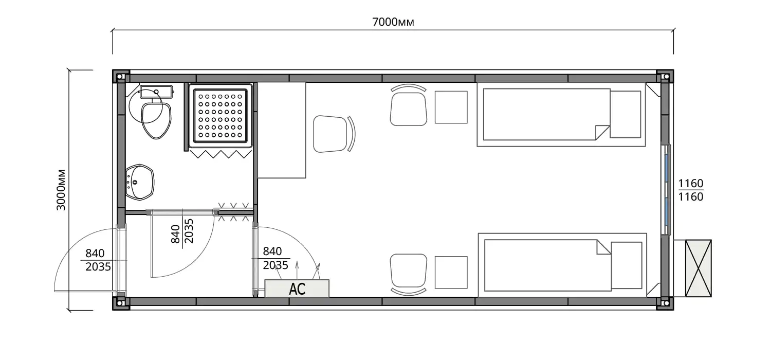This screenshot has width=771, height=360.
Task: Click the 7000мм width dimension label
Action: [393, 22]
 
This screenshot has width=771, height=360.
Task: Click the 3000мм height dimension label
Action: [61, 190]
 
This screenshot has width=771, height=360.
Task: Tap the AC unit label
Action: [297, 289]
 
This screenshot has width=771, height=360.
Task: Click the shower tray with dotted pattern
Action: [221, 115]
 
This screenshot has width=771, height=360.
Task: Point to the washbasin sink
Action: [139, 182]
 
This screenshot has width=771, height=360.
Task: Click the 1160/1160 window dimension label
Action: [690, 190]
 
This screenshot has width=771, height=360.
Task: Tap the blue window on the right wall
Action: [666, 189]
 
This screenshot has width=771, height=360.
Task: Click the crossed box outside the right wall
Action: [699, 268]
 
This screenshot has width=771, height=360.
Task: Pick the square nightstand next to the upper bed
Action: [451, 107]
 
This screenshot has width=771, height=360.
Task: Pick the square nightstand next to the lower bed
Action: [451, 273]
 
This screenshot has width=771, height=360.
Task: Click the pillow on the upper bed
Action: [626, 114]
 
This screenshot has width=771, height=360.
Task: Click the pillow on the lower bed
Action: [627, 265]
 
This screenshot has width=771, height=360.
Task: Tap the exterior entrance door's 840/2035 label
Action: [98, 260]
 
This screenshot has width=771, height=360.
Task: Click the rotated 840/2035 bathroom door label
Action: [182, 231]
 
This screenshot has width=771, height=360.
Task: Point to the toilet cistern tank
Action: [156, 92]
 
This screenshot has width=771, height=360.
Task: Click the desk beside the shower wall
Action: [282, 130]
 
